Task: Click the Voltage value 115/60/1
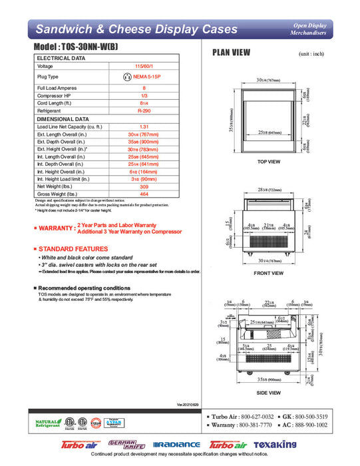pos(144,67)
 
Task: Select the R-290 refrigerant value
pos(144,112)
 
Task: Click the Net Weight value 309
pos(144,187)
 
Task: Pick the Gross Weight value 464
pos(144,194)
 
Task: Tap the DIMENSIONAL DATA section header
pos(63,119)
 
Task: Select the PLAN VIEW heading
pos(231,53)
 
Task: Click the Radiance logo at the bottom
pos(176,445)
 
